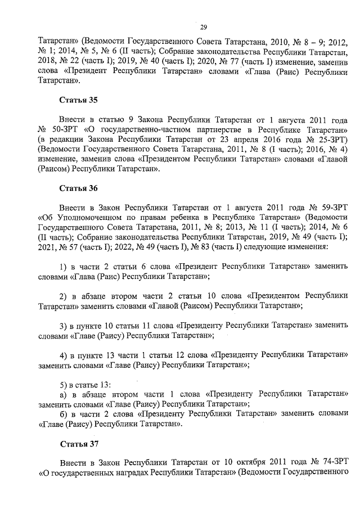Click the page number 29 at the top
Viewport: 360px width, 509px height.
click(x=204, y=26)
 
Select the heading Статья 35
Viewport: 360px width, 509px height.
click(x=79, y=100)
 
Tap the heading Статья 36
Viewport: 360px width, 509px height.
click(x=79, y=188)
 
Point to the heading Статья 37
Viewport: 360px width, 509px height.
click(x=79, y=444)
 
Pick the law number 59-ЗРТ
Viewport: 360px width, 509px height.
click(x=332, y=206)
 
